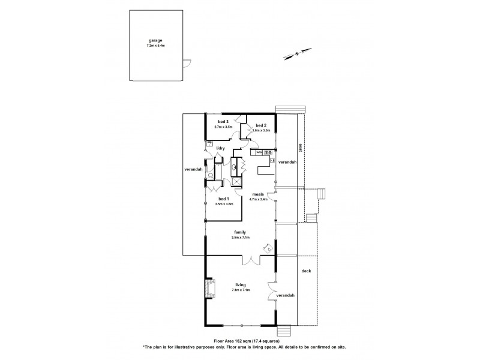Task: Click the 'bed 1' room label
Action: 223,199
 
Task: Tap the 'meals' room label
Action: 259,194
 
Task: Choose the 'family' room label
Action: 240,232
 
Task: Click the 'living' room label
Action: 240,285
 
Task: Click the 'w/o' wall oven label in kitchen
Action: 259,153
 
